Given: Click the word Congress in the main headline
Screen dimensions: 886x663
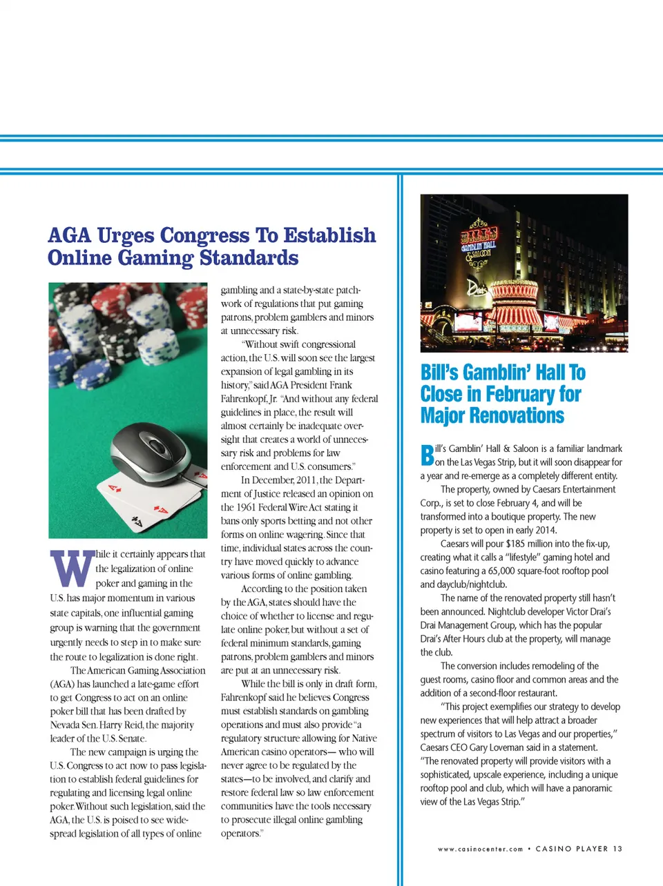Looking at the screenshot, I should [x=204, y=236].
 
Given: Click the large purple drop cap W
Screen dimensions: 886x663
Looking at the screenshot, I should [x=72, y=568].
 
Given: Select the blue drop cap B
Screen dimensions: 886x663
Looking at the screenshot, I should [x=427, y=455].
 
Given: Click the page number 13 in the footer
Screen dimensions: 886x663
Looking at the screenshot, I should [x=617, y=849].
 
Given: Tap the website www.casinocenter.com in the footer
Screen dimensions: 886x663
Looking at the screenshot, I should [x=480, y=849].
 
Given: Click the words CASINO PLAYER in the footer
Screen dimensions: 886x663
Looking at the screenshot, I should [x=572, y=849].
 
